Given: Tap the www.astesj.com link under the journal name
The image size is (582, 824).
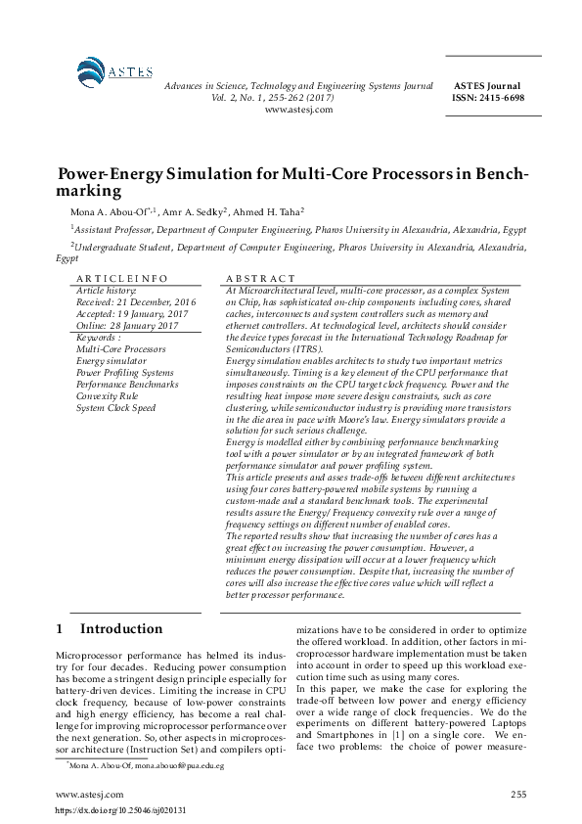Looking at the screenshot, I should click(x=298, y=110).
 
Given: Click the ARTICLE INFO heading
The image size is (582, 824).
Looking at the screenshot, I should click(x=115, y=279).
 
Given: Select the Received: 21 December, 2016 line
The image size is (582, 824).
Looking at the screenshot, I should click(x=136, y=302).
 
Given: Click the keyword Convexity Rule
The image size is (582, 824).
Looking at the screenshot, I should click(x=108, y=396).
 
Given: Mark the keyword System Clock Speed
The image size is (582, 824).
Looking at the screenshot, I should click(x=115, y=408).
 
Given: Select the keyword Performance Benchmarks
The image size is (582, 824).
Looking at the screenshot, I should click(x=127, y=385).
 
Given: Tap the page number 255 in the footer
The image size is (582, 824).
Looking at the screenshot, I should click(x=518, y=795).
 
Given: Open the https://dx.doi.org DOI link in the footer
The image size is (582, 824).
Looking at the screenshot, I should click(x=120, y=811).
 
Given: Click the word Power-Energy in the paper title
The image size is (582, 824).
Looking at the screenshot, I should click(x=112, y=175).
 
